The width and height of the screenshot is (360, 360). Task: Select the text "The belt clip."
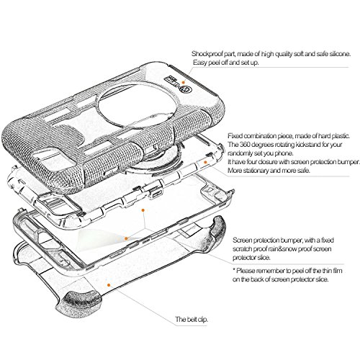[x=192, y=320]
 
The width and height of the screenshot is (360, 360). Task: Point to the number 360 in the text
[x=244, y=145]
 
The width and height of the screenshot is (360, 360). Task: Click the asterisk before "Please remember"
[x=234, y=270]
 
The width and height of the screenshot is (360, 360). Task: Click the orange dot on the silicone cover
[x=184, y=82]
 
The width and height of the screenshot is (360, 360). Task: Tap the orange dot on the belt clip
[x=109, y=285]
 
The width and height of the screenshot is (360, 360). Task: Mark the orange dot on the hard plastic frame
[x=205, y=162]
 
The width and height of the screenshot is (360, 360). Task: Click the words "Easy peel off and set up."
[x=226, y=63]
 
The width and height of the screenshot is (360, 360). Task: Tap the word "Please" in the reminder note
[x=246, y=271]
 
